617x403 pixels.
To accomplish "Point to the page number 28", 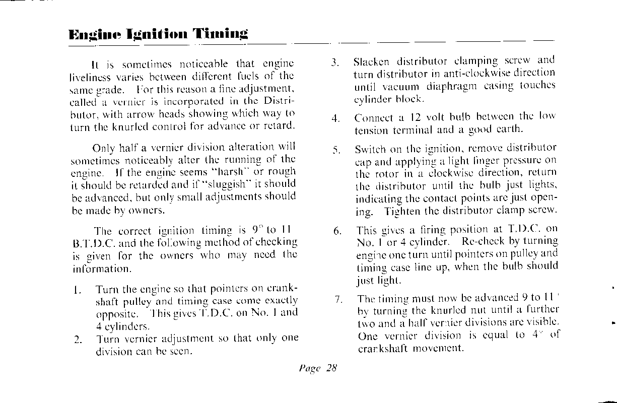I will click(x=331, y=368).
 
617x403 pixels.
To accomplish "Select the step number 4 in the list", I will click(x=334, y=119).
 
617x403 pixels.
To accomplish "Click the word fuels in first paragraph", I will click(x=253, y=77).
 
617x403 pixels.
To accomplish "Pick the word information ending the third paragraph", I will click(x=100, y=268).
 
